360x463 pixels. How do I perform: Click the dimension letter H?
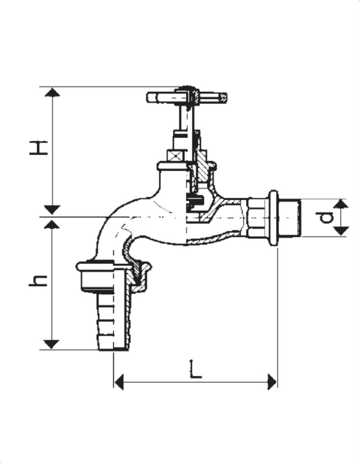39,148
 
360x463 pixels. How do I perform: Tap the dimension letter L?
195,369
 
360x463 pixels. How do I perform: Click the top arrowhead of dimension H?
52,92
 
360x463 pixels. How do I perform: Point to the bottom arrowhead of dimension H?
52,210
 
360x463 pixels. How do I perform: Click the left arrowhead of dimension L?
119,382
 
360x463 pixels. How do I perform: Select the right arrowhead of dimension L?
272,382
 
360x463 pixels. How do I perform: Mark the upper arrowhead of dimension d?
341,203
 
